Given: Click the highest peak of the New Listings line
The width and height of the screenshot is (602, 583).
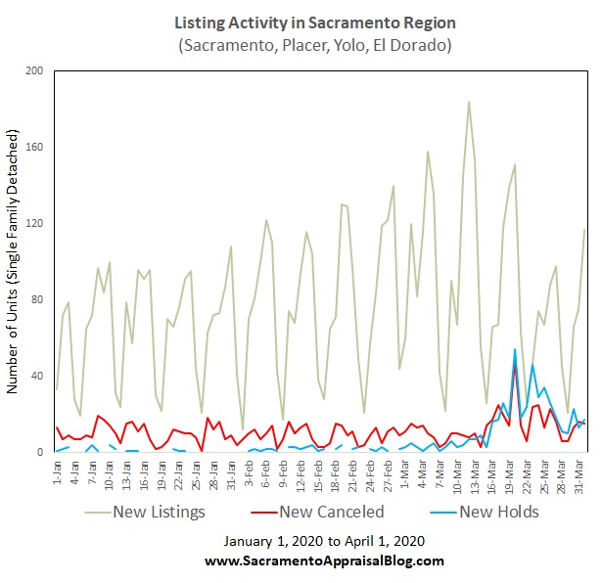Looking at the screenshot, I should click(469, 102).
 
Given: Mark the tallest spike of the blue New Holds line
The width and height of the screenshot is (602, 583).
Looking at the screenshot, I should click(515, 349).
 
